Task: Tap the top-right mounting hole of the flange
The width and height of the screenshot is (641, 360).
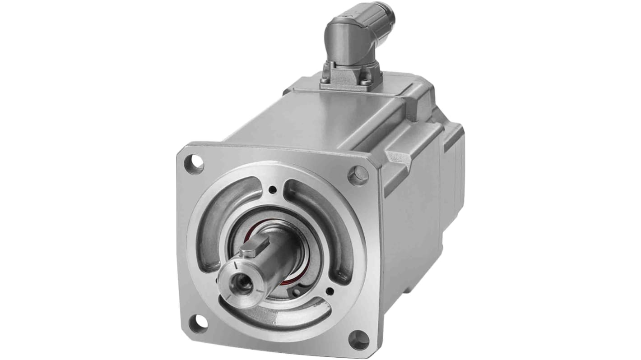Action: pyautogui.click(x=358, y=175)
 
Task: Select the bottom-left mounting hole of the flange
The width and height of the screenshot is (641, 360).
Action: pyautogui.click(x=198, y=323)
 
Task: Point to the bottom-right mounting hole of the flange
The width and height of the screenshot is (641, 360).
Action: pyautogui.click(x=359, y=340)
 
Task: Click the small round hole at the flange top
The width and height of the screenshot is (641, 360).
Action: pyautogui.click(x=272, y=190)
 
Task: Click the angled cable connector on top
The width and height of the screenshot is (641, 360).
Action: pyautogui.click(x=357, y=41)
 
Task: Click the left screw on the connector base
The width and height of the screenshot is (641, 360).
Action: pyautogui.click(x=325, y=81)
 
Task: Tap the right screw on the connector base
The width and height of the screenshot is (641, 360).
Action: pyautogui.click(x=367, y=83)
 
